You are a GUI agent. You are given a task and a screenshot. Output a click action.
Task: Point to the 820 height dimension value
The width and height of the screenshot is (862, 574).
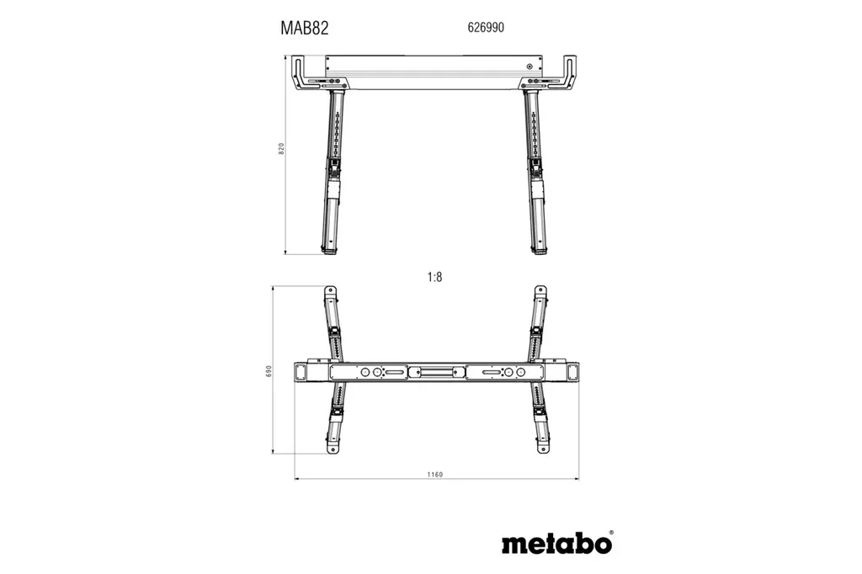tap(283, 149)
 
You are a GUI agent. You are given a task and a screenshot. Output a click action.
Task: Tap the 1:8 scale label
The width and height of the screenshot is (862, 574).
tap(434, 275)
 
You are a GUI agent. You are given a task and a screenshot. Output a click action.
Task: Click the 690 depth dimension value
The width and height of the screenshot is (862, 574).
tap(269, 370)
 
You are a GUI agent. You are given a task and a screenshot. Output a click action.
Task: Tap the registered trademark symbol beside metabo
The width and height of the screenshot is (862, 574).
tap(611, 532)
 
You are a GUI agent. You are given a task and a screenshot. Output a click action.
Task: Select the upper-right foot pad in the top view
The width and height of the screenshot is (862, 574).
tap(540, 292)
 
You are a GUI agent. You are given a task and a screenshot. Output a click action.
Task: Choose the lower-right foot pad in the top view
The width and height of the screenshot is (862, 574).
tap(540, 449)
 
